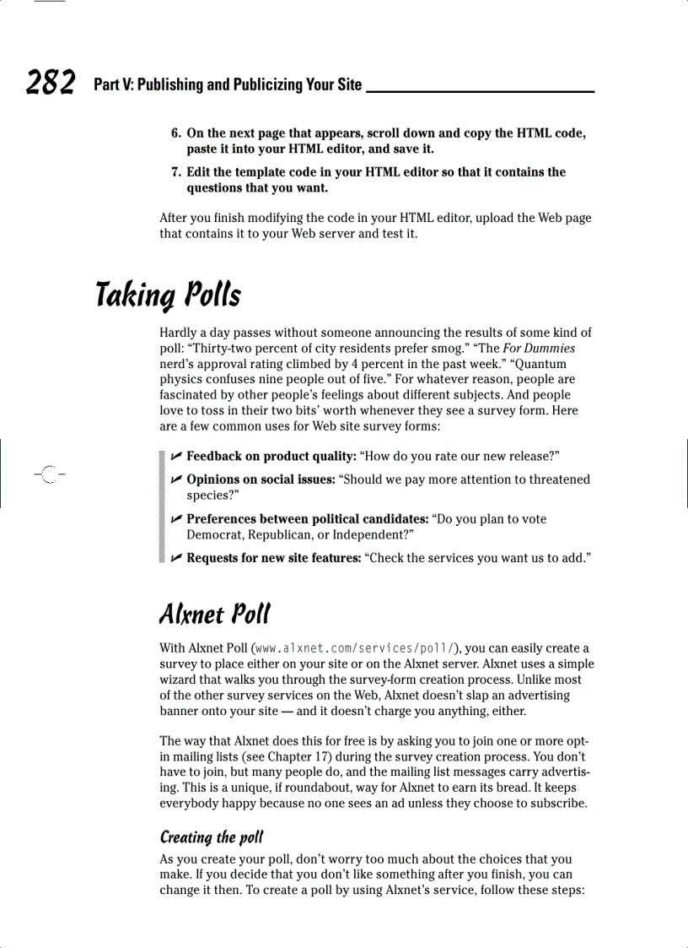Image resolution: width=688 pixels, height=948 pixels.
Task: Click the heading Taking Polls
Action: [x=168, y=295]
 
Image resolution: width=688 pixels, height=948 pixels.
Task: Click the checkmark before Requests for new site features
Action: [x=175, y=558]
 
